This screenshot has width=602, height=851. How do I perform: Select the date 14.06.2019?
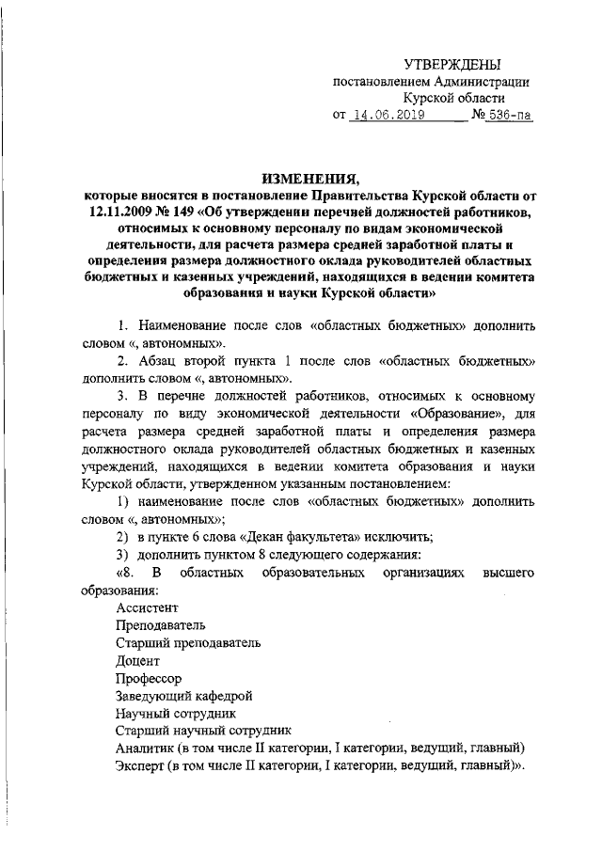click(388, 116)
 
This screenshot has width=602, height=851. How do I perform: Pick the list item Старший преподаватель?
click(188, 643)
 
